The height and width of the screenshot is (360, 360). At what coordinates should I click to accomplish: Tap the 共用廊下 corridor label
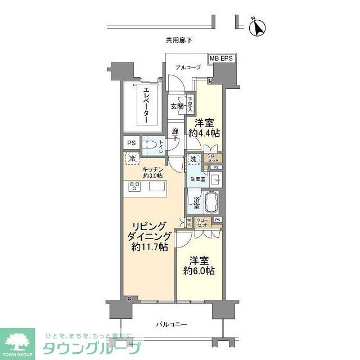tap(179, 40)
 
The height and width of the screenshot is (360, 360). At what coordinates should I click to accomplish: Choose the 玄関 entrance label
tap(177, 106)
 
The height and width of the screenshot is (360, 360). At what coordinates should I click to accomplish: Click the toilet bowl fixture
tap(150, 145)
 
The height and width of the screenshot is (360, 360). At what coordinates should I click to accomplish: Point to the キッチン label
tap(152, 169)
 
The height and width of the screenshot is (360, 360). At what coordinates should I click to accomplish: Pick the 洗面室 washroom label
tap(197, 180)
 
